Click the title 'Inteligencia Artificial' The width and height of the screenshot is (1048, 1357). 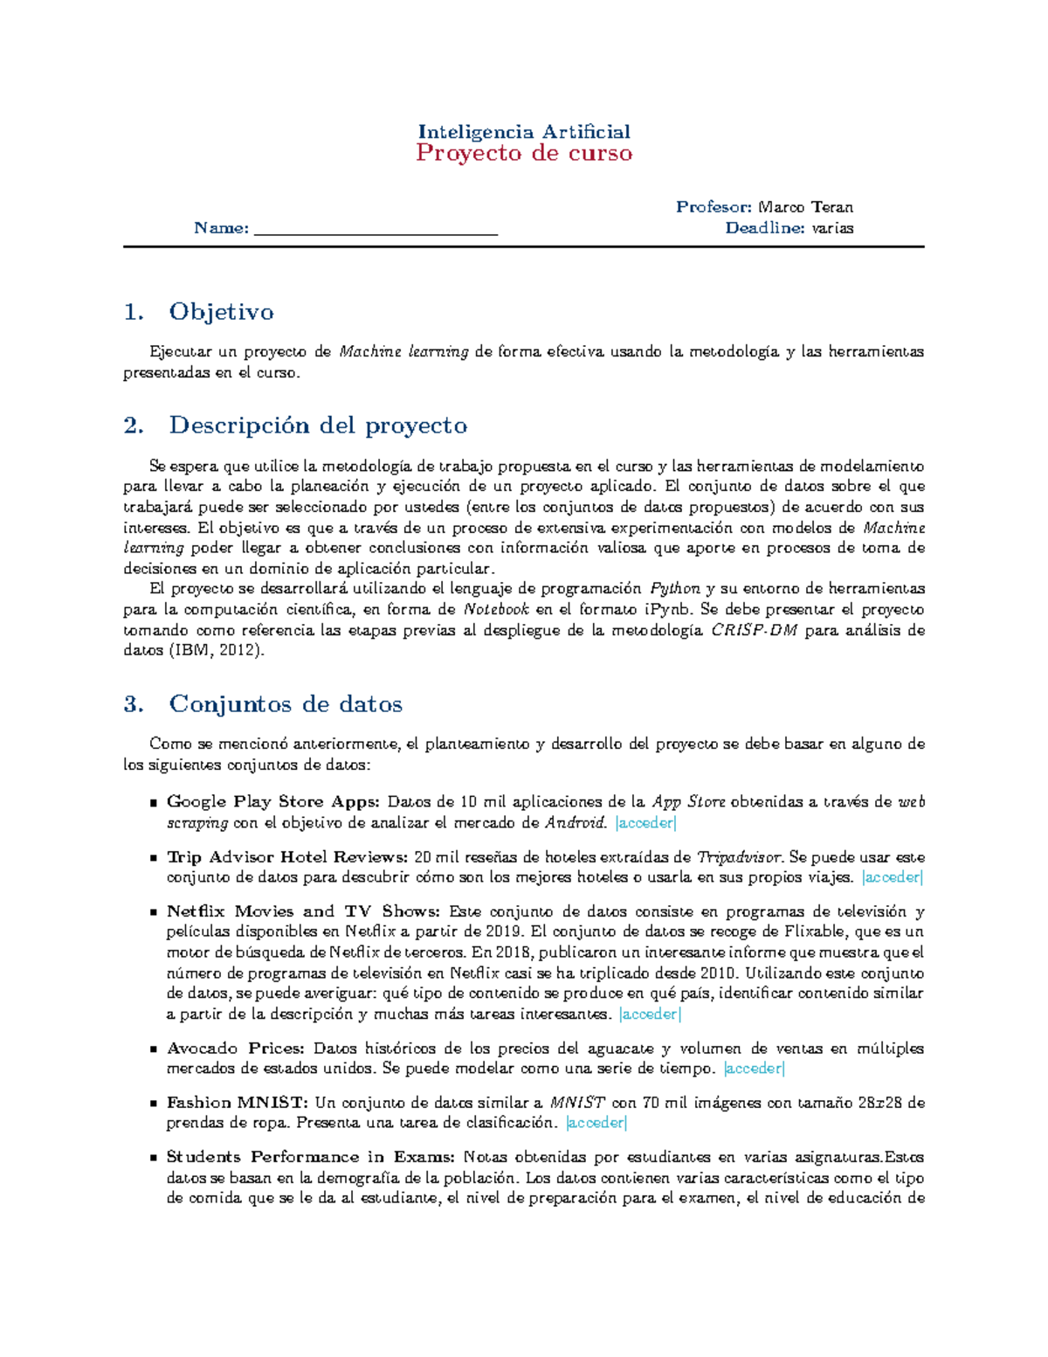[x=524, y=132]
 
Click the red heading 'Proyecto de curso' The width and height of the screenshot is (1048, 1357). [x=524, y=154]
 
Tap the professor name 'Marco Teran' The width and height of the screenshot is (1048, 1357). [x=805, y=207]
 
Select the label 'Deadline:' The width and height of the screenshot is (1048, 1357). [x=764, y=228]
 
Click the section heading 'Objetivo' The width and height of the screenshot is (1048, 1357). [x=221, y=312]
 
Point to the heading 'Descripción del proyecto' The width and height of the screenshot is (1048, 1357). [x=318, y=426]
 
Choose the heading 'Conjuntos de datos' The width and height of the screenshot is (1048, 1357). [x=286, y=704]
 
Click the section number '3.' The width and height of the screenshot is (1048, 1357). [x=134, y=704]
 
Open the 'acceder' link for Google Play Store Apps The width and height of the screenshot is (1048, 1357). [x=645, y=823]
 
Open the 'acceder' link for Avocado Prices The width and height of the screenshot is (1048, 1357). [x=755, y=1069]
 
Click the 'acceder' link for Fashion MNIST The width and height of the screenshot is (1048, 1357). [x=596, y=1123]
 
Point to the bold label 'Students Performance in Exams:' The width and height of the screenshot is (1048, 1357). [x=310, y=1157]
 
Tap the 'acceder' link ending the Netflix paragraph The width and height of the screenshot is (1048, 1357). [x=649, y=1014]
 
